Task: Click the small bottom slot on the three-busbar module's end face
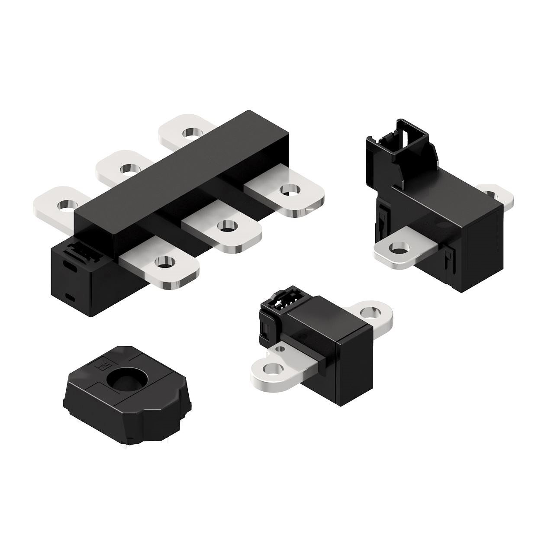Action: point(69,296)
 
